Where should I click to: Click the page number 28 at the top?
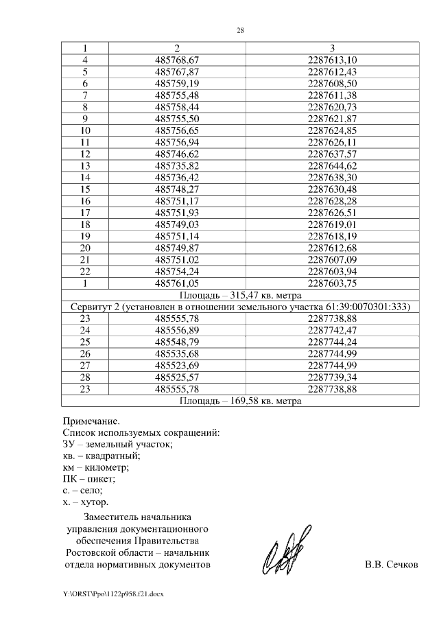point(240,31)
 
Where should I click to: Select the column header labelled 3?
point(332,48)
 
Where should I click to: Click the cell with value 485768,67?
point(176,60)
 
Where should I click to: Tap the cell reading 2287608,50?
point(332,82)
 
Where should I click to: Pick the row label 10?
point(86,130)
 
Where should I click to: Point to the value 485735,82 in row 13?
point(176,165)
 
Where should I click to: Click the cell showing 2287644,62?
point(332,165)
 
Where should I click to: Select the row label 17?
point(86,213)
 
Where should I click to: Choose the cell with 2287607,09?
point(332,259)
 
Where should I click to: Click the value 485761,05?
point(176,283)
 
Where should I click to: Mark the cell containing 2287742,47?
point(332,331)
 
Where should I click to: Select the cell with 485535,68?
point(176,354)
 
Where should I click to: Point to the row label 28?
point(86,377)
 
